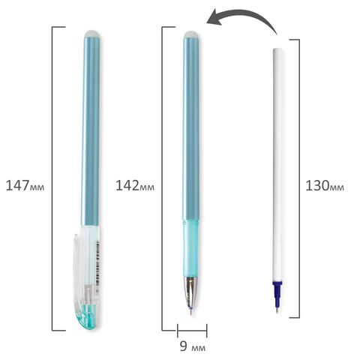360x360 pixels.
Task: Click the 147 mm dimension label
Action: (x=25, y=185)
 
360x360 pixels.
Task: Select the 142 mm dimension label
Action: (x=135, y=185)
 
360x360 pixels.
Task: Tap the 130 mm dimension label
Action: (x=325, y=185)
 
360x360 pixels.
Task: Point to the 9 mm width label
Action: (x=193, y=346)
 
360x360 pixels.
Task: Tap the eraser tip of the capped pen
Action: (x=92, y=34)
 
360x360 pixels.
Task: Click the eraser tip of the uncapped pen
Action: (x=192, y=34)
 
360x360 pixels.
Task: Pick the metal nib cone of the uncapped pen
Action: (x=191, y=292)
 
